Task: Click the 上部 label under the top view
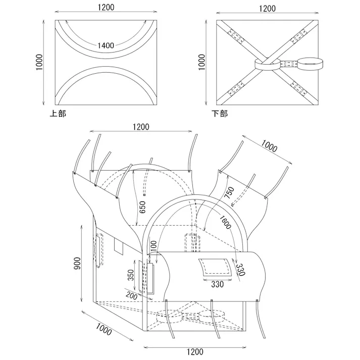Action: click(58, 114)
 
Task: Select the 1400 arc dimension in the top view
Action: click(106, 45)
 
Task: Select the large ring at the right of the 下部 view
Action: click(311, 63)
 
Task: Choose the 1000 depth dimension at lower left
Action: click(102, 329)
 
